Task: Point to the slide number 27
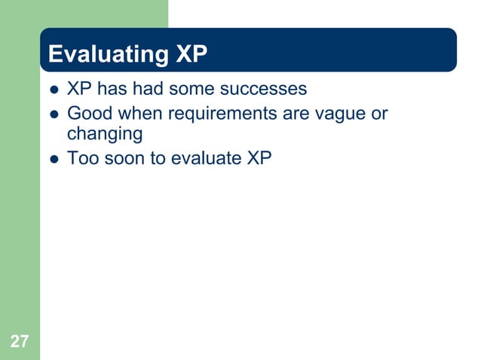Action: tap(20, 342)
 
